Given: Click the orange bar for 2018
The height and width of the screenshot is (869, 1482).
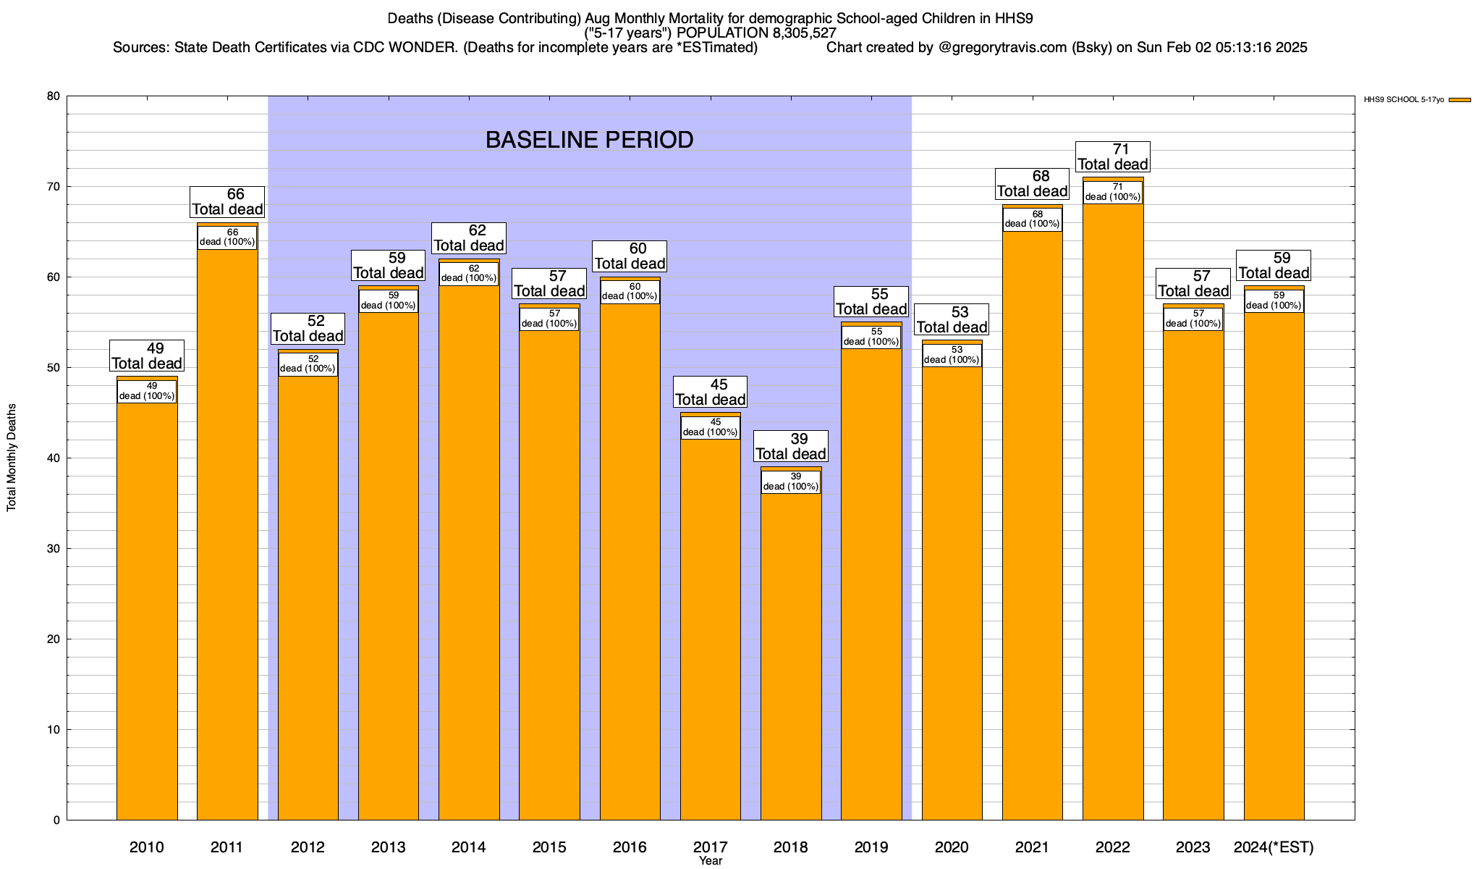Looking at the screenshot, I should (791, 652).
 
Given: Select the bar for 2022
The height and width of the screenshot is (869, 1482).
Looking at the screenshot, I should (1113, 507).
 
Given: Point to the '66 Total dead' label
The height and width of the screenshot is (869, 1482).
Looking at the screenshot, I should (227, 202).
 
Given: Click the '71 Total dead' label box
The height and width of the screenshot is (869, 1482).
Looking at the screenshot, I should (1113, 157).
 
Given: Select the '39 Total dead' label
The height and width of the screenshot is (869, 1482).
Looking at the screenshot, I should (791, 447).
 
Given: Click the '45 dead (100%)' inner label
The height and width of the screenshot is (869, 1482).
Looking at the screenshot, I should (711, 427).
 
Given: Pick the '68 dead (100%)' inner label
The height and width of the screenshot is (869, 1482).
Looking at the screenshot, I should (1033, 219).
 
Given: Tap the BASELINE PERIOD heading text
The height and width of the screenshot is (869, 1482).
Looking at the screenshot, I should (589, 140).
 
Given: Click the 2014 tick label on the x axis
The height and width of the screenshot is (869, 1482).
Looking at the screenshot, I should (469, 847).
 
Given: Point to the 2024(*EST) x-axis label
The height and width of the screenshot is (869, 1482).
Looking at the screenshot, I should (1274, 847).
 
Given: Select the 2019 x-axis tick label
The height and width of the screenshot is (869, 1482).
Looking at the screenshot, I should (871, 847).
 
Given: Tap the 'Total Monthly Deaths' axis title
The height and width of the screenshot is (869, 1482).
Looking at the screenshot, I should (12, 457).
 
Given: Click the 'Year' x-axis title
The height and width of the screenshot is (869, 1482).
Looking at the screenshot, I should (711, 861).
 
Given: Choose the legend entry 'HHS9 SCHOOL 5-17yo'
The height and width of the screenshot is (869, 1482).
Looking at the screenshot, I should (1404, 100).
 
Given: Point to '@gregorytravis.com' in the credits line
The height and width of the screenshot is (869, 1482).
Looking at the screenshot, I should (1002, 48).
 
